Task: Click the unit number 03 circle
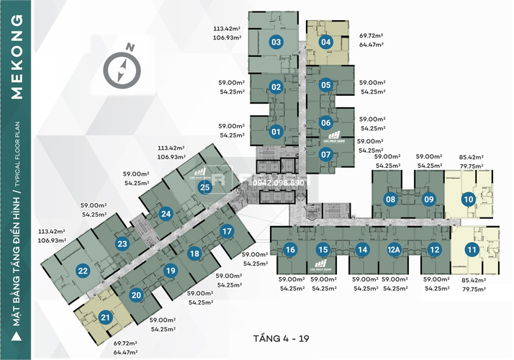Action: click(x=276, y=42)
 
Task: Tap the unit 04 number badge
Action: click(x=325, y=42)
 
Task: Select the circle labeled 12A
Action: click(x=394, y=250)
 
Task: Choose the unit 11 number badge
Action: click(x=472, y=250)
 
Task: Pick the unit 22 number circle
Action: click(x=83, y=271)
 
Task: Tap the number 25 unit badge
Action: click(x=205, y=188)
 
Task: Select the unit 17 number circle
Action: click(x=227, y=231)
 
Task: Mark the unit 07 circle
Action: click(x=325, y=154)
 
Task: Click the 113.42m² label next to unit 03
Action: click(x=227, y=30)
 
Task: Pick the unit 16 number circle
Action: click(x=289, y=250)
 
